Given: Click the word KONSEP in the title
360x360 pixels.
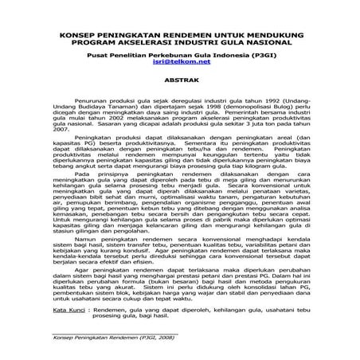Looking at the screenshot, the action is coord(76,35).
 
